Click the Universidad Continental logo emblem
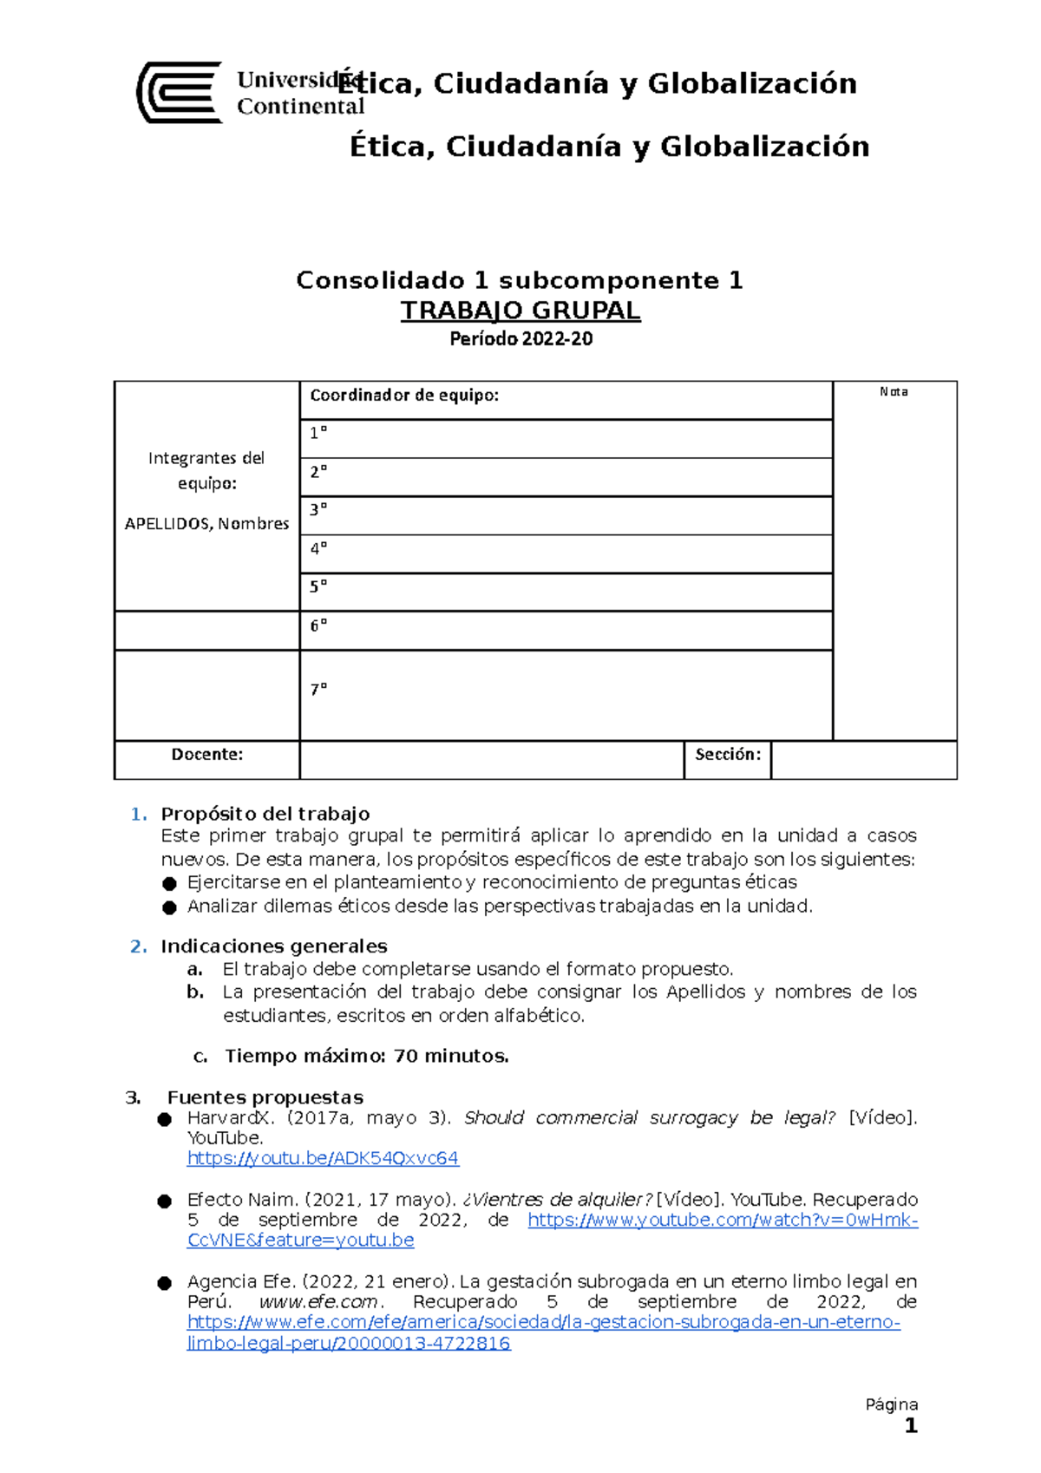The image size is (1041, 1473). [x=180, y=92]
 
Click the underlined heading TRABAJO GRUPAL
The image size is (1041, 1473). [x=520, y=311]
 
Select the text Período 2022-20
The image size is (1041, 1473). [x=520, y=339]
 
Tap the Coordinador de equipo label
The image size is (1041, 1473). [x=404, y=396]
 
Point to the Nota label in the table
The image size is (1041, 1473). [x=894, y=392]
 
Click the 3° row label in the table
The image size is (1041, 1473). [x=318, y=510]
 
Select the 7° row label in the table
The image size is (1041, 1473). [x=318, y=690]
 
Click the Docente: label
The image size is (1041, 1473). [x=206, y=755]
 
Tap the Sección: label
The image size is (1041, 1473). [x=727, y=755]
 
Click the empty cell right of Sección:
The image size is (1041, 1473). [x=863, y=760]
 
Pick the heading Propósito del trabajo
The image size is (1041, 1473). [x=265, y=814]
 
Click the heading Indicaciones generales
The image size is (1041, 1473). [x=273, y=946]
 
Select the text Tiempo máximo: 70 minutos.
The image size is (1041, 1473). [x=366, y=1057]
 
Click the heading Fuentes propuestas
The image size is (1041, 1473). [x=265, y=1097]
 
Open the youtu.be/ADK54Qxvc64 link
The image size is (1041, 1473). [x=323, y=1158]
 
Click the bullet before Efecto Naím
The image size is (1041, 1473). [x=165, y=1201]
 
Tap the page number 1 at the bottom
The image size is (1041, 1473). [x=910, y=1426]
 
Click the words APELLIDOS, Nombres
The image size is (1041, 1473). [x=206, y=524]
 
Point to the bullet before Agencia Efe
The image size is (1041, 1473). [x=165, y=1283]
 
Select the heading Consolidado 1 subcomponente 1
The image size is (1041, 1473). [x=520, y=280]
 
